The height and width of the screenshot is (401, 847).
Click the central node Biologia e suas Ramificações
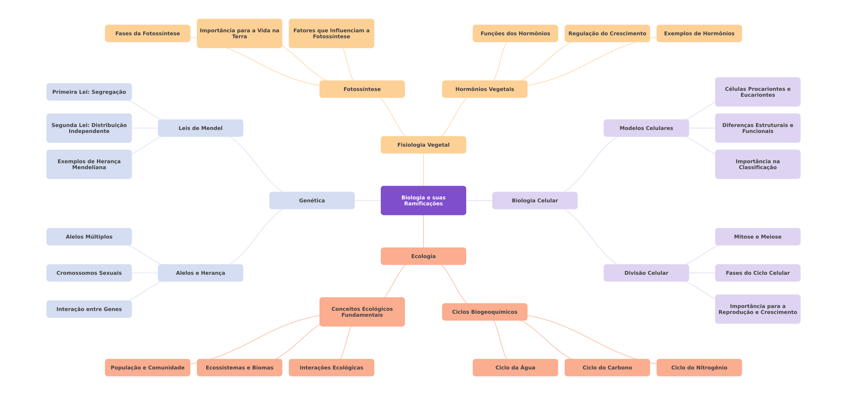point(423,200)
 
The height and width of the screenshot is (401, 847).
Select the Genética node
point(312,200)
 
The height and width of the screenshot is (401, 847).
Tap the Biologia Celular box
point(535,200)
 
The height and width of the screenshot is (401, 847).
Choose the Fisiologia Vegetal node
point(423,145)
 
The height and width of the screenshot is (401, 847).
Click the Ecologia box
point(423,256)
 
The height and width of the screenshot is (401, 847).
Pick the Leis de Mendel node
point(200,128)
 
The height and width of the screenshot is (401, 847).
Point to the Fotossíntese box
point(362,89)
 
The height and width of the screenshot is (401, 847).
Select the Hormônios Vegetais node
point(484,89)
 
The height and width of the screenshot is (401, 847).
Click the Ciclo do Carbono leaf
point(607,368)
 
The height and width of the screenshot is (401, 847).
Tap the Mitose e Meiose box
point(757,237)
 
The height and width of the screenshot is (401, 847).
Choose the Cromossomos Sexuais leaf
point(89,273)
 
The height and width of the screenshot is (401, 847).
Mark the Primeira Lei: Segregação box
point(89,92)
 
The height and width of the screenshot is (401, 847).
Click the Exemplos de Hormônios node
point(699,33)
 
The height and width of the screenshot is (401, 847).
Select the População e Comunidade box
point(147,368)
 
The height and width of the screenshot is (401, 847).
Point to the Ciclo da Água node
point(515,368)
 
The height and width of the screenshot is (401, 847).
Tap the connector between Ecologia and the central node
point(423,231)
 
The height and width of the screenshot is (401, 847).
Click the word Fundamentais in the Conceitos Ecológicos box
point(362,315)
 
